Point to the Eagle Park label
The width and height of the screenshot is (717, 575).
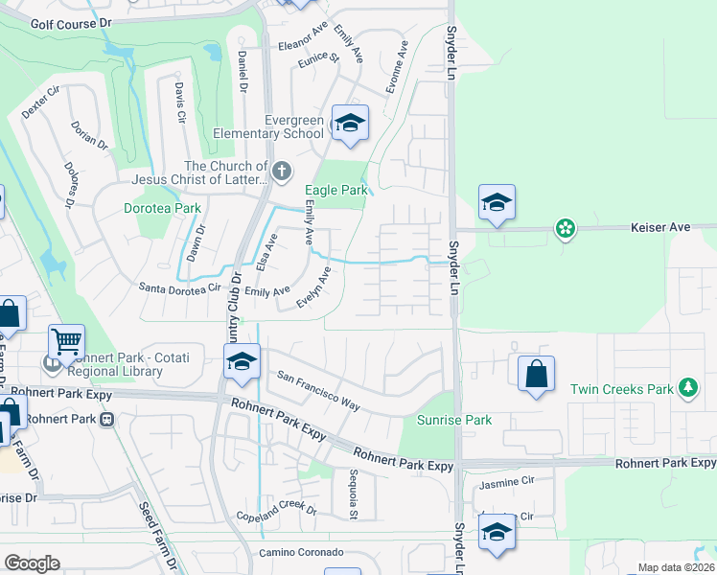click(x=336, y=191)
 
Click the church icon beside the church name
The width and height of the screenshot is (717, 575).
click(x=281, y=172)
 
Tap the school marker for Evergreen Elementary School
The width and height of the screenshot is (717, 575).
click(x=350, y=125)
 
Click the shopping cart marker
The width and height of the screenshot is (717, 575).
click(x=66, y=340)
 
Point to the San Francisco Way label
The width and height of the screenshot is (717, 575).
click(x=318, y=392)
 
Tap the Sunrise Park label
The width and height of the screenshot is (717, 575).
click(x=454, y=420)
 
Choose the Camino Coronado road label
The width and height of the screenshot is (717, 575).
click(x=301, y=553)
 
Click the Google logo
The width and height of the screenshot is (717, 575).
click(x=32, y=563)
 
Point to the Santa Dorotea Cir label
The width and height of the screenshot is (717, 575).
click(x=180, y=287)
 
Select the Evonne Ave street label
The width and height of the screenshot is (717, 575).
click(x=398, y=67)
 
